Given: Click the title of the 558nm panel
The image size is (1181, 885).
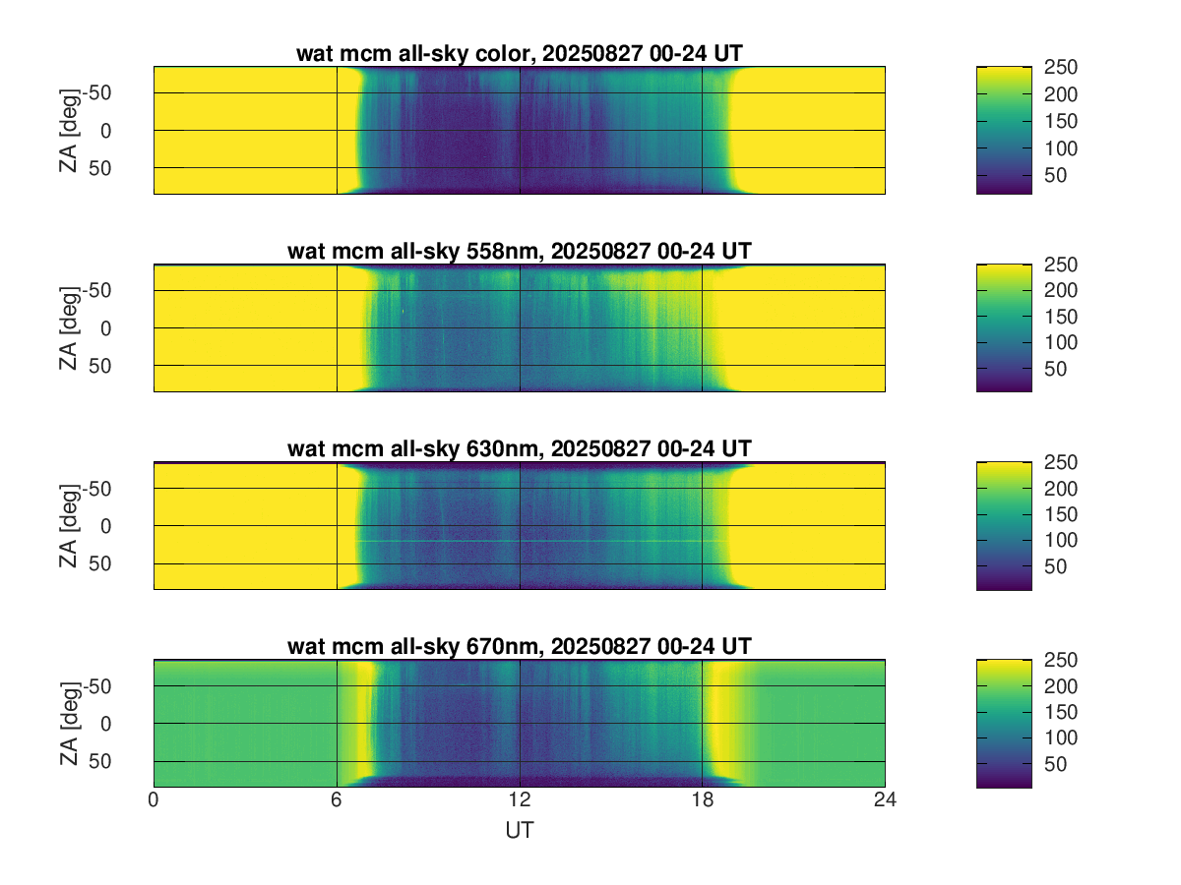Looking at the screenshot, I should (x=519, y=251).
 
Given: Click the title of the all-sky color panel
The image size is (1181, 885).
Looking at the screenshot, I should (x=519, y=53).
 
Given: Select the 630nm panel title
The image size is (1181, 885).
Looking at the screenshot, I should (x=519, y=448).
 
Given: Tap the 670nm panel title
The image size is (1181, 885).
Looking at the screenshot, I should (x=519, y=646).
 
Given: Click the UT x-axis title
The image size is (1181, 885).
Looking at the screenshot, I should (x=519, y=830).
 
